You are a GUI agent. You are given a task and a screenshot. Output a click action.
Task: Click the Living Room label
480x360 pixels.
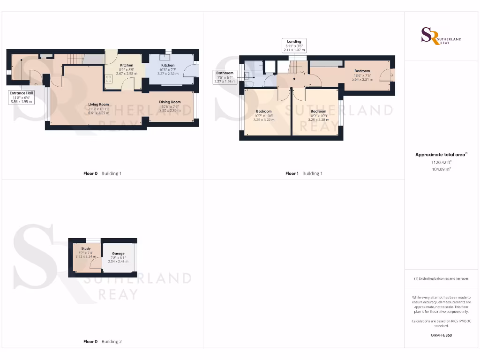point(98,105)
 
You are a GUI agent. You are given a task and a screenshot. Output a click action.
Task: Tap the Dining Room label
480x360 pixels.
point(170,102)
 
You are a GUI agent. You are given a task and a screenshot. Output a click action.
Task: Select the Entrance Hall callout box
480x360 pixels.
point(22,97)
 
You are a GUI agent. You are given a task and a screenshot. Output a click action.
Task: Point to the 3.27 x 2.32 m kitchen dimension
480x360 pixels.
point(168,74)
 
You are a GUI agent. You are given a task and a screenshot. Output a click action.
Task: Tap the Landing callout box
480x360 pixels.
point(294,45)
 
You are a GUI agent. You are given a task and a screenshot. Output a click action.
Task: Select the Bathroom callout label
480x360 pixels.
point(225,73)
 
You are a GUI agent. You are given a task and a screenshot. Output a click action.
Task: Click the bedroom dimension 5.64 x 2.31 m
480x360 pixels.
point(362,79)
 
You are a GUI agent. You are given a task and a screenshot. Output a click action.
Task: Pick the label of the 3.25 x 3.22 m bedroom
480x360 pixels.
point(263,112)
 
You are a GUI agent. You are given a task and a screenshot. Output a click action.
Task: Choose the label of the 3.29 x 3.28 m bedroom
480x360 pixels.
point(318,112)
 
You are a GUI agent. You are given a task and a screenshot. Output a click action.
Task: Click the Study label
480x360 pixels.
point(86,249)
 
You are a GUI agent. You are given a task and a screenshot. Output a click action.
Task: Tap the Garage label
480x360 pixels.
point(118,254)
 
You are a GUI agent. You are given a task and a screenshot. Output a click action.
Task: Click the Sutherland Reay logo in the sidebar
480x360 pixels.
point(441,36)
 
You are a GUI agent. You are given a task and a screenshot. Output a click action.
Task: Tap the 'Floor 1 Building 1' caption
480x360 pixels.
point(304,173)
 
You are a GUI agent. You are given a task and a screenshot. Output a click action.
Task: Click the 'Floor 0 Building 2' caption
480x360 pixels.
point(102,342)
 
